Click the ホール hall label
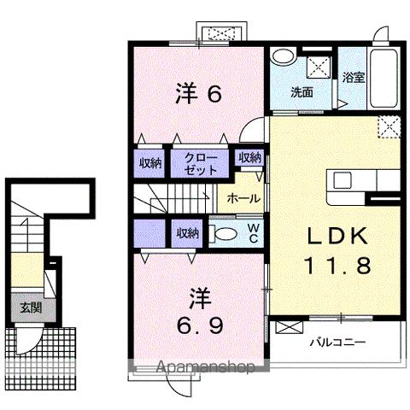[243, 197]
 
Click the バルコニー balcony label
[337, 342]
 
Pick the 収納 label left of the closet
[150, 163]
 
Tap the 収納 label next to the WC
[189, 232]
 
